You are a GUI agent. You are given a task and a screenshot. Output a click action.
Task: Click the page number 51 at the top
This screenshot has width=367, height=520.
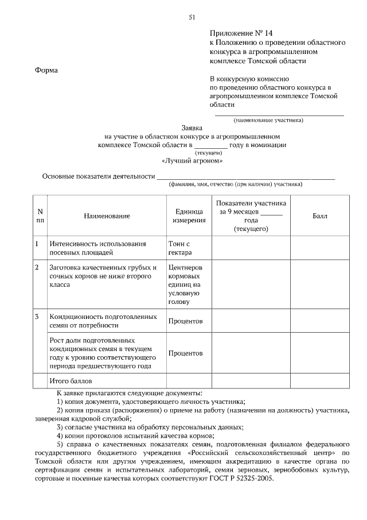pyautogui.click(x=192, y=17)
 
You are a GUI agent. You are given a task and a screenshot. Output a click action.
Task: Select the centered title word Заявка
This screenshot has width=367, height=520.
pyautogui.click(x=192, y=128)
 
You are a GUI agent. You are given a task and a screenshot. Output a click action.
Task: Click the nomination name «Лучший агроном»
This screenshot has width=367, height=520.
pyautogui.click(x=192, y=161)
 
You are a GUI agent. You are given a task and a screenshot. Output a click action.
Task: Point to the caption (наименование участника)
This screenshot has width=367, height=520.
pyautogui.click(x=268, y=120)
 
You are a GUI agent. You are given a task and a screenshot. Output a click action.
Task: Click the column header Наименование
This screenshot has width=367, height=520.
pyautogui.click(x=107, y=216)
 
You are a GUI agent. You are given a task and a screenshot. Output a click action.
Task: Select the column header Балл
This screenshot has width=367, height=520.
pyautogui.click(x=320, y=216)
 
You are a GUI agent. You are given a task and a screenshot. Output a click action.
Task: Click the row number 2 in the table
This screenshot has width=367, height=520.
pyautogui.click(x=37, y=268)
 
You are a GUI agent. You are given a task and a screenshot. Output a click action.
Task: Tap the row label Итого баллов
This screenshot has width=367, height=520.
pyautogui.click(x=71, y=380)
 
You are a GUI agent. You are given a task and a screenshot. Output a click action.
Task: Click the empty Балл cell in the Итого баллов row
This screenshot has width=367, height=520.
pyautogui.click(x=320, y=380)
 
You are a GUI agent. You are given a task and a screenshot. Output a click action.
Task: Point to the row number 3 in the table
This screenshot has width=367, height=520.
pyautogui.click(x=37, y=317)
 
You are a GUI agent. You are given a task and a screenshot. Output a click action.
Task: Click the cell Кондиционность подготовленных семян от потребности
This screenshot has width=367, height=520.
pyautogui.click(x=103, y=321)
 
